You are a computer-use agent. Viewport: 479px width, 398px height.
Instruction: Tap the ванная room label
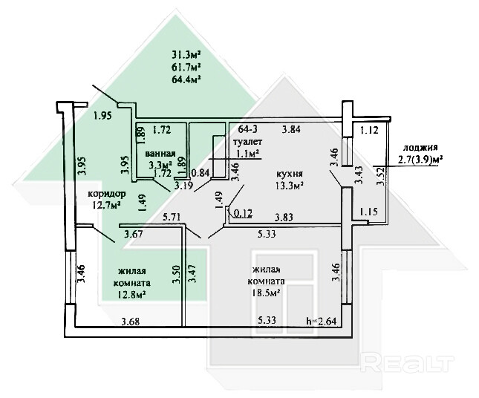pyautogui.click(x=160, y=152)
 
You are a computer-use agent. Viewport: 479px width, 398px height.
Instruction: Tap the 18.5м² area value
pyautogui.click(x=265, y=293)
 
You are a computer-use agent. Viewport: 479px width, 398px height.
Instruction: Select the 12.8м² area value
pyautogui.click(x=130, y=293)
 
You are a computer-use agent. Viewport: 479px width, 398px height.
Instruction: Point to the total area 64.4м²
pyautogui.click(x=187, y=77)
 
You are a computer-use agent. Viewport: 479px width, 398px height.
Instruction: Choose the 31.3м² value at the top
pyautogui.click(x=187, y=54)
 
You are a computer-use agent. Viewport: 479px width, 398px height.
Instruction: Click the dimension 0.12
pyautogui.click(x=243, y=214)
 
